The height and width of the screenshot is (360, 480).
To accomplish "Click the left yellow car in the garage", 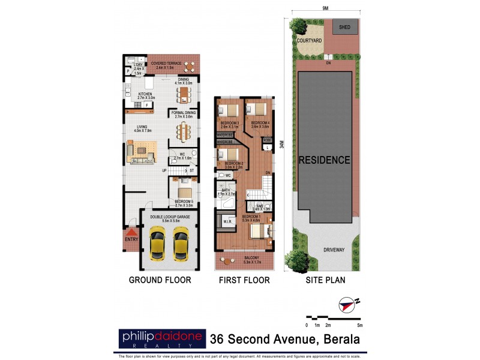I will [157, 243].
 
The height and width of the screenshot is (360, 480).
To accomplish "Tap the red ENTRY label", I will [131, 240].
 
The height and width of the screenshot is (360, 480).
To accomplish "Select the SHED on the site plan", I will [345, 27].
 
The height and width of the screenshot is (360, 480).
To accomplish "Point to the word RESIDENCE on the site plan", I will [325, 160].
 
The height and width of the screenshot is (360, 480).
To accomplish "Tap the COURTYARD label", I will [309, 40].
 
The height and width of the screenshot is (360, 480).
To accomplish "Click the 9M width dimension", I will [325, 8].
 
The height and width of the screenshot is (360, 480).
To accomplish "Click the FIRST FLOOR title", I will [244, 280].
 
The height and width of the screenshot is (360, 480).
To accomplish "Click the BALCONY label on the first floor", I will [244, 258].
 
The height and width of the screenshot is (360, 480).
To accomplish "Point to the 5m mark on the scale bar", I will [359, 325].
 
